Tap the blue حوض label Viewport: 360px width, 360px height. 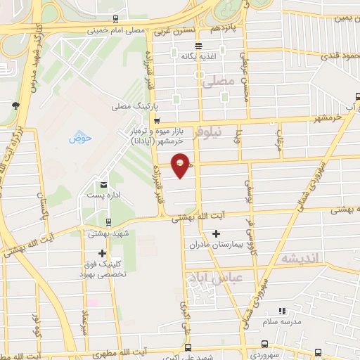coord(80,138)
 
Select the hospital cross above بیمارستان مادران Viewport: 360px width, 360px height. coord(216,233)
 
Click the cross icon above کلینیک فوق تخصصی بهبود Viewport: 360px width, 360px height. coord(103,252)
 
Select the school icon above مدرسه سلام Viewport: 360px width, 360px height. coord(282,310)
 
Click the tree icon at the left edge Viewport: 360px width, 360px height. coord(15,105)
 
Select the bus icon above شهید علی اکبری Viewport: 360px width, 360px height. coord(187,346)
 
